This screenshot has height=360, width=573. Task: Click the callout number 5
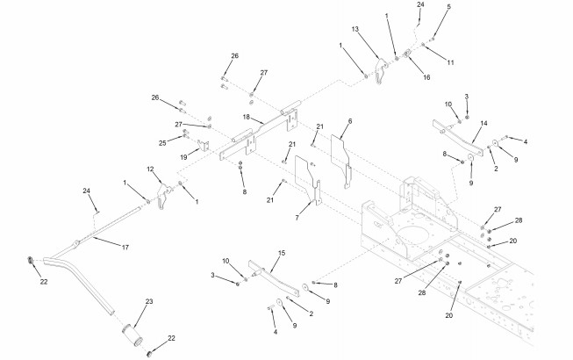[449, 7]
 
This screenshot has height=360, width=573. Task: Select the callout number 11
[450, 62]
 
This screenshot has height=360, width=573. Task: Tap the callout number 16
[426, 78]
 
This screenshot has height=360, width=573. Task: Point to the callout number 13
[356, 30]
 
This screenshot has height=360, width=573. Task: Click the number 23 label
[149, 302]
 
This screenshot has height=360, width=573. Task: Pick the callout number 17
[125, 248]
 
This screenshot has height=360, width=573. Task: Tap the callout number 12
[150, 169]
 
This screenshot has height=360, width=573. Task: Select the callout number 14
[484, 124]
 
